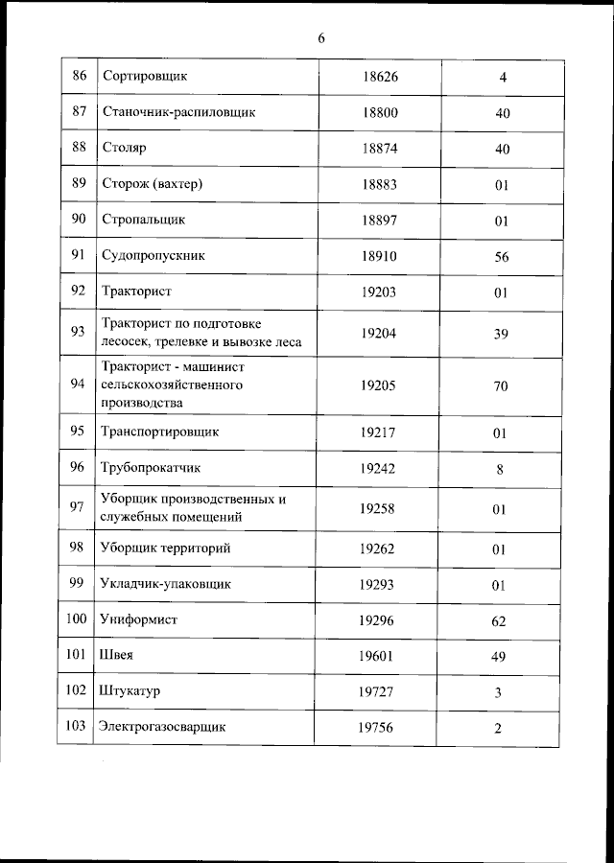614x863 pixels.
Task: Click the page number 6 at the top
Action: point(321,38)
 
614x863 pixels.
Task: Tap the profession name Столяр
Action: point(123,149)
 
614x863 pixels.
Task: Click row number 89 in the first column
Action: point(79,184)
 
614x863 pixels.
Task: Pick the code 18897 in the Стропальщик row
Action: point(379,221)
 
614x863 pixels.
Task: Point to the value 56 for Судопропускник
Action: point(500,258)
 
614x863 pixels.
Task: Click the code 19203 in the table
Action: point(379,292)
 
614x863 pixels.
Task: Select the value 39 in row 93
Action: point(500,334)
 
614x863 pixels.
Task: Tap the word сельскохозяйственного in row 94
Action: point(170,385)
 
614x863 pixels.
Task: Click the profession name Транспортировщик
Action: point(160,432)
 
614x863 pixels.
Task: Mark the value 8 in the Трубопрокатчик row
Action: point(500,470)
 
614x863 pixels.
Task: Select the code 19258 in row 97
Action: point(379,509)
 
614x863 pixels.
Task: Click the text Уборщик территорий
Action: point(164,548)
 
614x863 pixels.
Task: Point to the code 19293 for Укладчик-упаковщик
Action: point(379,584)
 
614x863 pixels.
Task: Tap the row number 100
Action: point(77,619)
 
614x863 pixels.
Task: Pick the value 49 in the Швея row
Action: point(500,657)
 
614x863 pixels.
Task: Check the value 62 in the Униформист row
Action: point(500,621)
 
